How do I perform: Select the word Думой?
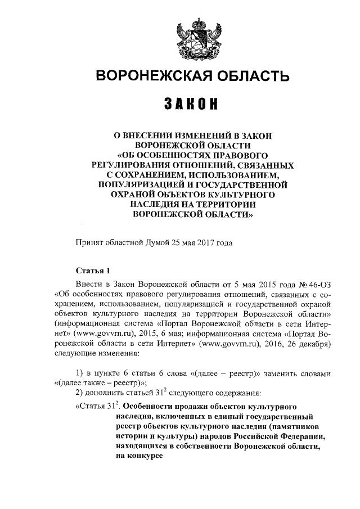coord(161,243)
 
